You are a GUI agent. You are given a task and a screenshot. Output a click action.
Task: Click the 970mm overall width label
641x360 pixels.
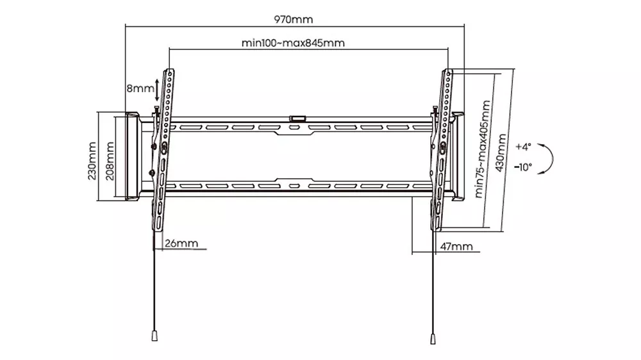(x=293, y=19)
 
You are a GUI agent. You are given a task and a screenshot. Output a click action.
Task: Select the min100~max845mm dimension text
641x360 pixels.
(x=293, y=43)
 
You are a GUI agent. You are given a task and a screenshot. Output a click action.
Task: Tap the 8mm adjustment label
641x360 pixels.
(x=140, y=88)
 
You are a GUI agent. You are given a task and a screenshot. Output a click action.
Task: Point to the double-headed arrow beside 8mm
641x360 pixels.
(x=158, y=90)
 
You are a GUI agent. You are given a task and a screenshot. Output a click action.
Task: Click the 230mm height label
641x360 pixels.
(x=92, y=161)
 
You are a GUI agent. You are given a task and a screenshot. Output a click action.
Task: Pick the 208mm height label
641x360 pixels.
(x=110, y=161)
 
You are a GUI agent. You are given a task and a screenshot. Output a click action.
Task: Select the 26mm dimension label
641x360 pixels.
(x=181, y=243)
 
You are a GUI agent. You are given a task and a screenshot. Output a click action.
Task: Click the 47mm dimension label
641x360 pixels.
(x=456, y=247)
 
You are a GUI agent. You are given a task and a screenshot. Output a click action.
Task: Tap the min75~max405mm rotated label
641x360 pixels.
(x=483, y=149)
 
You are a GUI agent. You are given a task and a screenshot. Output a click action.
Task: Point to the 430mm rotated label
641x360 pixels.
(x=501, y=153)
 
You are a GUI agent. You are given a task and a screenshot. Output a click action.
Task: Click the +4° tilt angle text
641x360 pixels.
(x=523, y=147)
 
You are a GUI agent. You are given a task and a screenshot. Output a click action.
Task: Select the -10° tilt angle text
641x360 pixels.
(x=523, y=167)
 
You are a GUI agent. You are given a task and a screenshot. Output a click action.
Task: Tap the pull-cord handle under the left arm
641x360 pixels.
(x=154, y=336)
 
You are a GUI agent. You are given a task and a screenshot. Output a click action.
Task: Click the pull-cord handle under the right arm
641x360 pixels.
(x=433, y=339)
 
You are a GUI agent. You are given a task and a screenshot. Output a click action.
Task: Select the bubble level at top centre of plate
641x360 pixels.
(x=297, y=119)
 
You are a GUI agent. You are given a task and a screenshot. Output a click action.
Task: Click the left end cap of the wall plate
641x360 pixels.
(x=131, y=156)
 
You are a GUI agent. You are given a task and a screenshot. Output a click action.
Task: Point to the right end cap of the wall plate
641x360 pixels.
(x=458, y=156)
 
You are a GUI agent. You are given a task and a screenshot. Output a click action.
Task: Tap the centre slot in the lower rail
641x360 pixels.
(x=294, y=186)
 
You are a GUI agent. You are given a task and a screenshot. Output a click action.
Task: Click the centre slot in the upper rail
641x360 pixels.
(x=294, y=128)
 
